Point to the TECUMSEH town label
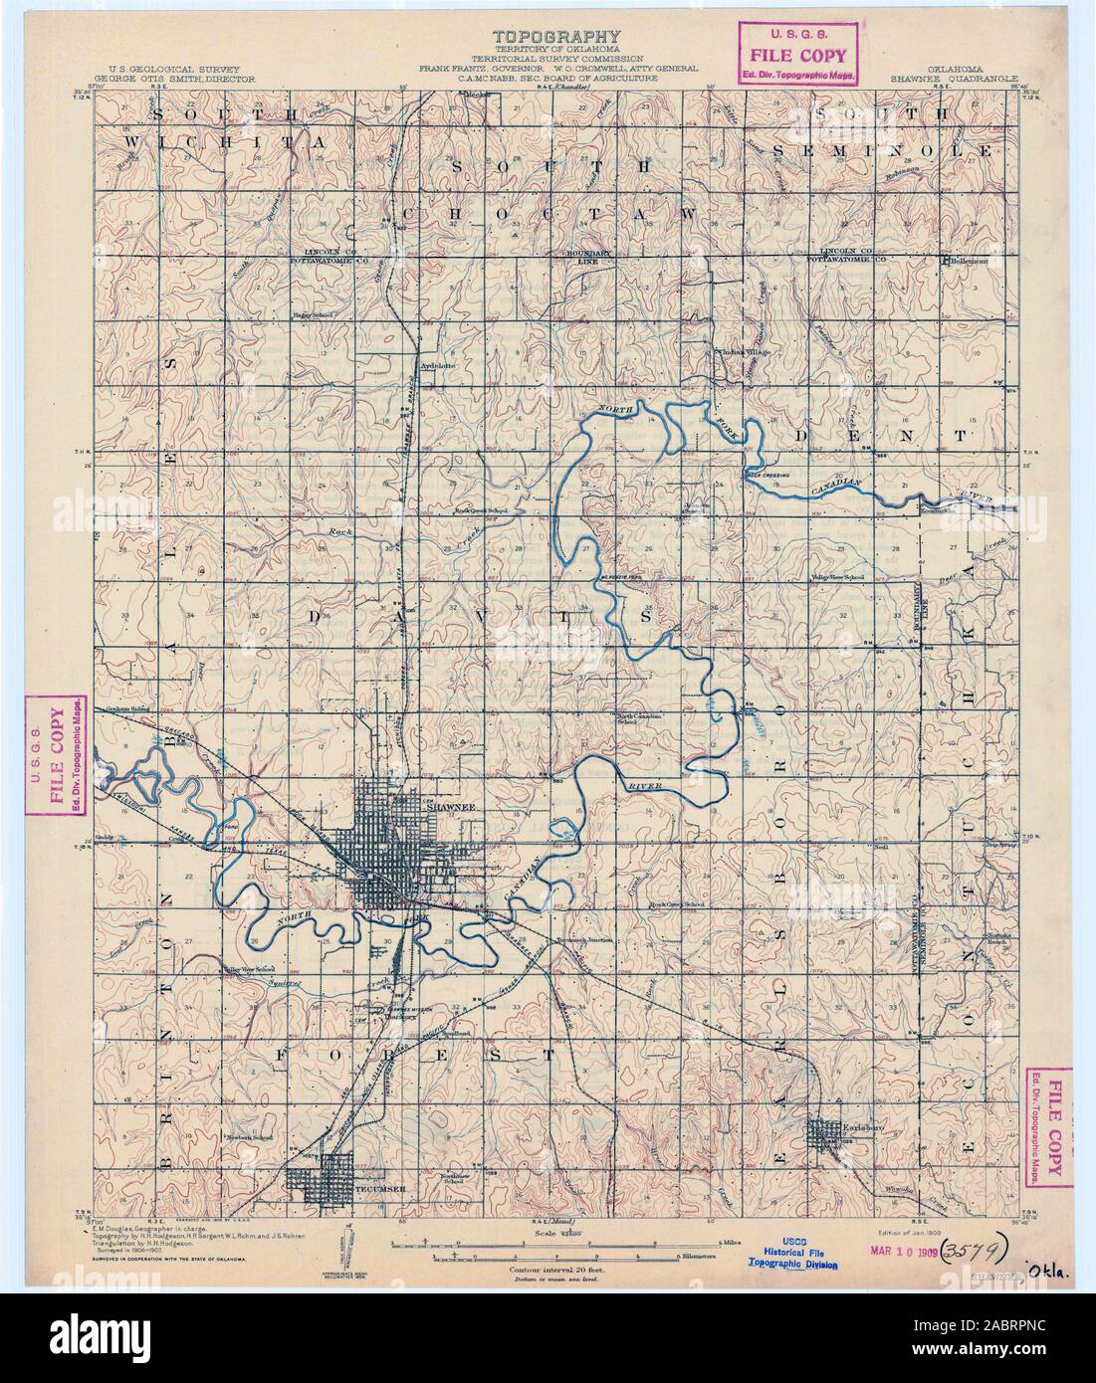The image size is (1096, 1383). click(375, 1188)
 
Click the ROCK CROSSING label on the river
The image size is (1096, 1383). click(767, 475)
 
